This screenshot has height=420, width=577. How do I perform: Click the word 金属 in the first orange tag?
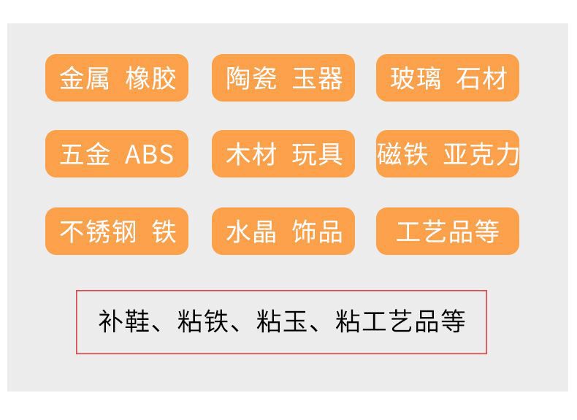[84, 78]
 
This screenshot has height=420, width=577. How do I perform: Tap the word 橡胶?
[150, 78]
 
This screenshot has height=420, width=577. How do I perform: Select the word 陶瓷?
[251, 78]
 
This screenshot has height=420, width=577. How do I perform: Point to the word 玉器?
[318, 78]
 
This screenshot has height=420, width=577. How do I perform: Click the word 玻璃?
[415, 78]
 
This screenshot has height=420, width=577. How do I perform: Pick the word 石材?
[481, 78]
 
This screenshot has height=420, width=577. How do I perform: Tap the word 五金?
[84, 154]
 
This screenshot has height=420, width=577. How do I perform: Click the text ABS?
[150, 154]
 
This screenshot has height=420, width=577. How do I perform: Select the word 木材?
[251, 154]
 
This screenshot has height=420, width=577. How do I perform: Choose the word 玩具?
[318, 154]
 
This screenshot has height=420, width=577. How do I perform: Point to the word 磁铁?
[402, 154]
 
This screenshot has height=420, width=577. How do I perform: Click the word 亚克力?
[481, 154]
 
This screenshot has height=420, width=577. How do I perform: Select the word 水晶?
[251, 232]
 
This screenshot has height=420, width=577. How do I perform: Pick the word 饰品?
[318, 232]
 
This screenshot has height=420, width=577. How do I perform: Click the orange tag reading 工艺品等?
[447, 232]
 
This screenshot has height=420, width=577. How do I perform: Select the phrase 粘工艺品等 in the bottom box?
[400, 321]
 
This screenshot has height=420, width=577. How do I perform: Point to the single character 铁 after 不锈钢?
[164, 232]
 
